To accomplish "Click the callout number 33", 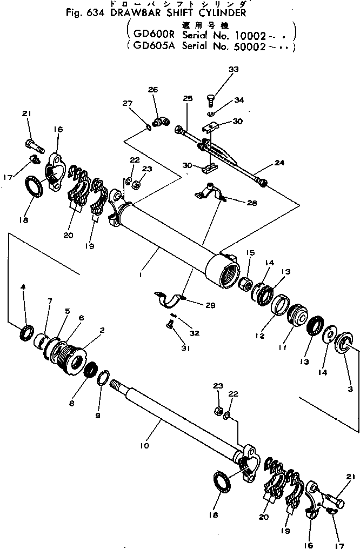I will [x=233, y=69].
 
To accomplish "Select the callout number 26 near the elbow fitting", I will [x=153, y=90].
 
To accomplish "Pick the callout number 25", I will [x=187, y=99].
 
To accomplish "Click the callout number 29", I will [x=210, y=305].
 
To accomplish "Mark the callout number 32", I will [x=195, y=333].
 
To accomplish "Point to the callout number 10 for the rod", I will [x=144, y=446].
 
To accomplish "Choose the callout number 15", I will [x=250, y=252].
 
